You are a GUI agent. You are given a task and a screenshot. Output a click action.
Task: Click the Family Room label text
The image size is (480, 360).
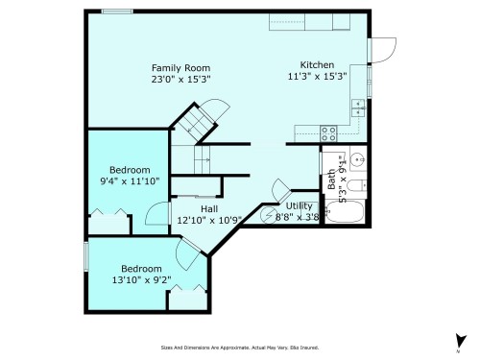point(180,67)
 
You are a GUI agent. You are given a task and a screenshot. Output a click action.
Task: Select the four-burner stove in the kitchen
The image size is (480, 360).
point(328,133)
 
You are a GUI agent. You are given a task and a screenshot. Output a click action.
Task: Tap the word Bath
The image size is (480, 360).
point(331,179)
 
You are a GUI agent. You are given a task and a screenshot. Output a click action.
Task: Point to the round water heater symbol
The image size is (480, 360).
point(280,189)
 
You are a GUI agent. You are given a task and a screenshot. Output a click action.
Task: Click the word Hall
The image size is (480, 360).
point(208,208)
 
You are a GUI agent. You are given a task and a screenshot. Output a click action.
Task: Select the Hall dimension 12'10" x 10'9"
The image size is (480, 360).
point(208,220)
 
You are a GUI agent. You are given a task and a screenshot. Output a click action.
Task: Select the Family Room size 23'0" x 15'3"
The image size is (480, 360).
point(180,80)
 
